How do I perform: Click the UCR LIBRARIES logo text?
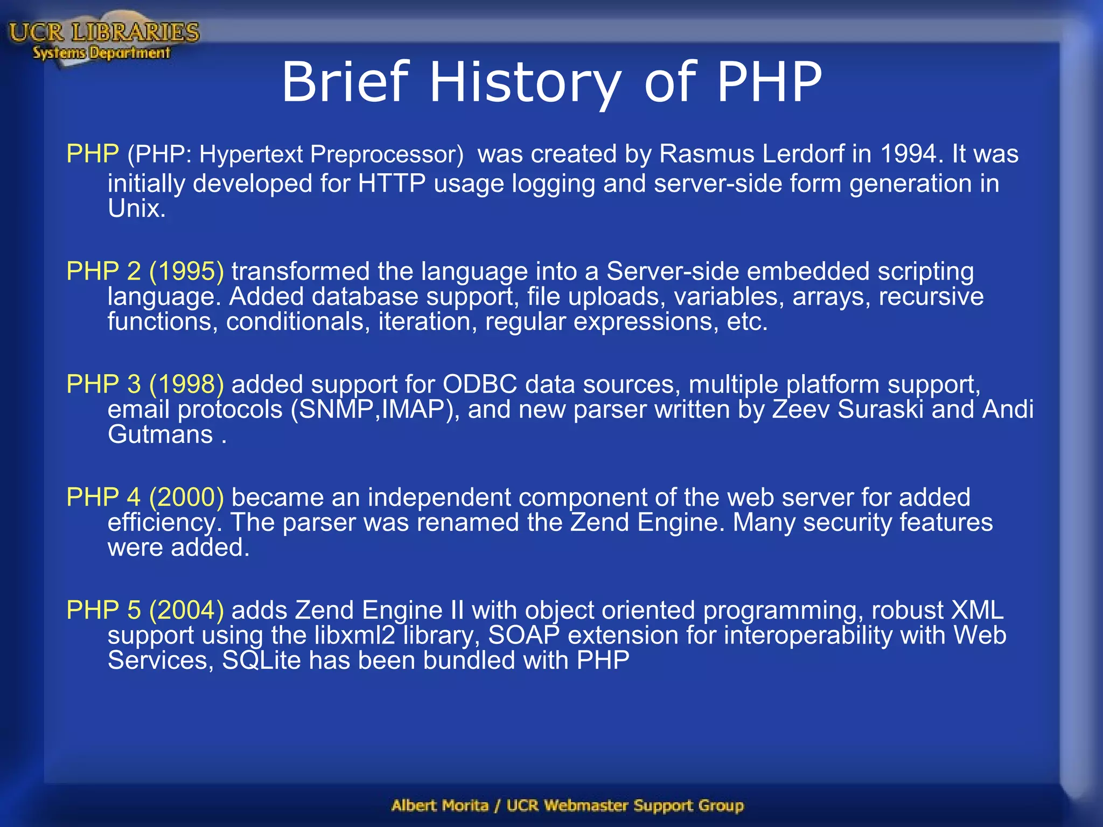[x=104, y=32]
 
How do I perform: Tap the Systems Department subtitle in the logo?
[x=101, y=53]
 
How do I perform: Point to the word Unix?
[x=136, y=209]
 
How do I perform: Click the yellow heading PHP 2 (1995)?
[x=145, y=271]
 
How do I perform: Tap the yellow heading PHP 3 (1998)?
[x=145, y=384]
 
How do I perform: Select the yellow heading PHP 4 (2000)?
[x=145, y=497]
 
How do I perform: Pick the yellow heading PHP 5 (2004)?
[x=145, y=610]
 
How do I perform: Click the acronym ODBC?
[x=479, y=384]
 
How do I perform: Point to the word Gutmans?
[x=160, y=434]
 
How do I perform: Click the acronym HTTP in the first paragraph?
[x=392, y=184]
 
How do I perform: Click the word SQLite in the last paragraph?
[x=261, y=661]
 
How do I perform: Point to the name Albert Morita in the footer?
[x=440, y=805]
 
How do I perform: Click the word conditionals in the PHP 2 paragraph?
[x=298, y=322]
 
